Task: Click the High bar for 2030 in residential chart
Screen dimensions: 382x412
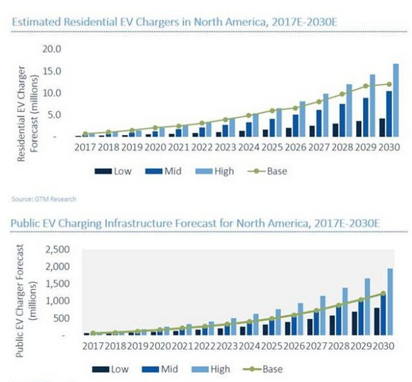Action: pyautogui.click(x=395, y=100)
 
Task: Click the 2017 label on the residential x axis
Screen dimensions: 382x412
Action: pyautogui.click(x=87, y=148)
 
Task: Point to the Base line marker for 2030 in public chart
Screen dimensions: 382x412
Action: pyautogui.click(x=383, y=293)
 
